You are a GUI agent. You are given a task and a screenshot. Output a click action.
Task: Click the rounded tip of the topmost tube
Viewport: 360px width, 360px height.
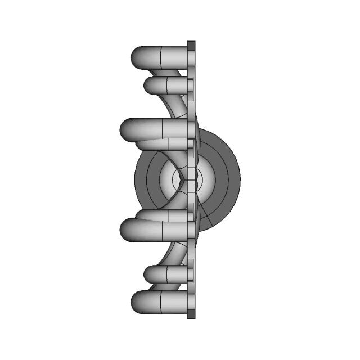(x=137, y=56)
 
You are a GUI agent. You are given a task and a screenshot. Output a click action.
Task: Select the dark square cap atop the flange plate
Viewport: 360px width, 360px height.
(x=191, y=44)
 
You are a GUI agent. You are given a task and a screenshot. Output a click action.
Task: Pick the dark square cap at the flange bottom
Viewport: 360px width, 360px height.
(x=191, y=315)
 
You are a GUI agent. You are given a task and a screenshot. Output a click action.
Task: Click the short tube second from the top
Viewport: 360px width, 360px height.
(x=163, y=85)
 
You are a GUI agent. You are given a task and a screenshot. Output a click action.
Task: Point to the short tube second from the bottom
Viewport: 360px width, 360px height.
(x=163, y=274)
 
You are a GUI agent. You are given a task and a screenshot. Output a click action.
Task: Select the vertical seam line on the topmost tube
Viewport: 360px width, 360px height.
(x=161, y=56)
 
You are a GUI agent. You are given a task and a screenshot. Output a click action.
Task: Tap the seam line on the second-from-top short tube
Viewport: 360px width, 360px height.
(x=169, y=85)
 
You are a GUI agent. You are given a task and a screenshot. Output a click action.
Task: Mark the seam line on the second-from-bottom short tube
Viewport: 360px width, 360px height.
(x=169, y=274)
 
